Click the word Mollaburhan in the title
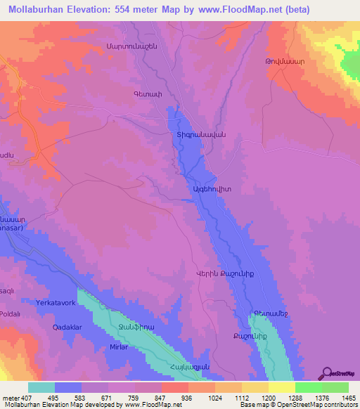tap(40, 8)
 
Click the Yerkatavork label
tap(59, 303)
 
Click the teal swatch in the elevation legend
tap(41, 387)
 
